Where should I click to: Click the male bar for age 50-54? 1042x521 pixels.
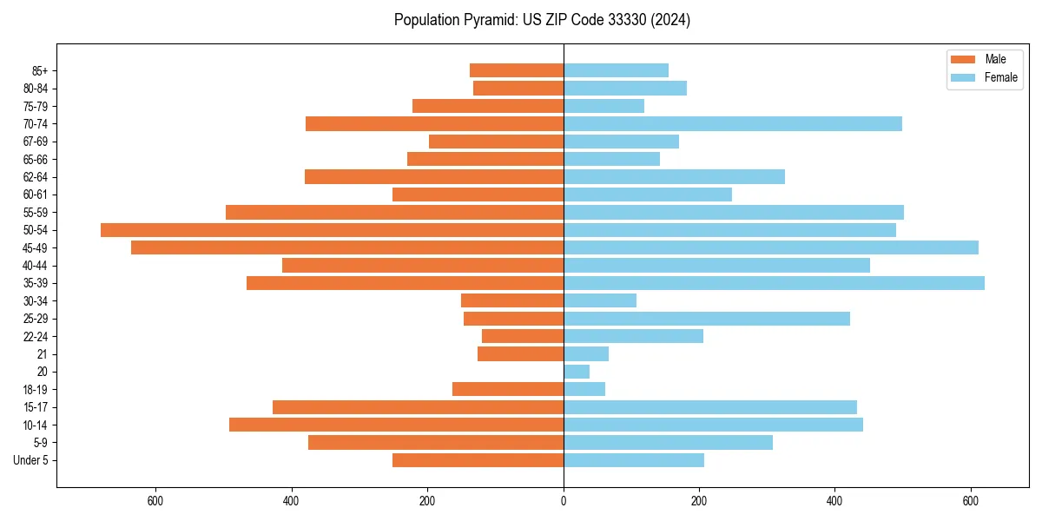[332, 230]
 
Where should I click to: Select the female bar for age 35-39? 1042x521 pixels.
[774, 283]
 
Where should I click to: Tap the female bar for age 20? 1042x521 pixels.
[577, 372]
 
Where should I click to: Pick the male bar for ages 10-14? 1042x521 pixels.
[396, 425]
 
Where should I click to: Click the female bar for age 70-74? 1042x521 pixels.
[733, 123]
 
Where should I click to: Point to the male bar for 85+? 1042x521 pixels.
[517, 70]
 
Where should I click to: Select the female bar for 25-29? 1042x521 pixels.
[707, 319]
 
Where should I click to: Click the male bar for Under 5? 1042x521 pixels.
[478, 460]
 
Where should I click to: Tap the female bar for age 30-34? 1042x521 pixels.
[600, 300]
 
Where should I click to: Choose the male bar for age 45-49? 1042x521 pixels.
[347, 247]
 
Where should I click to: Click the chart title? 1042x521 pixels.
[542, 20]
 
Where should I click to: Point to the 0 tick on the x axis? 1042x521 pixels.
[564, 500]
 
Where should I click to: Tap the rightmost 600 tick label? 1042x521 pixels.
[971, 500]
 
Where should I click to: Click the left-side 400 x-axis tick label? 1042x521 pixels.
[292, 500]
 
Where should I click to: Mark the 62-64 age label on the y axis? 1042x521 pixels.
[36, 177]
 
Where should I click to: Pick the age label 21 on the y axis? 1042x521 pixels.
[43, 354]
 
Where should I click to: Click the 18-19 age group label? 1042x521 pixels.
[36, 390]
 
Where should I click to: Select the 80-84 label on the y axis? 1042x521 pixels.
[36, 89]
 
